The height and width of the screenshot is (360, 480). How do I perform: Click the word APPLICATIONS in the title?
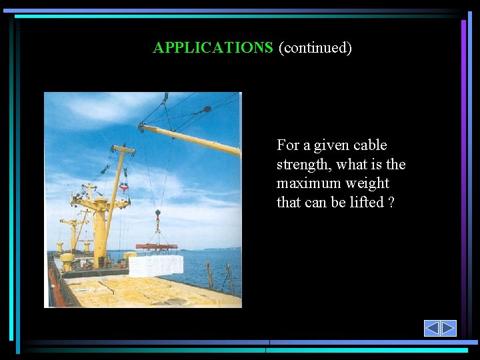(x=213, y=48)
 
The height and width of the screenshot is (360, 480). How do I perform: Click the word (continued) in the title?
(x=315, y=48)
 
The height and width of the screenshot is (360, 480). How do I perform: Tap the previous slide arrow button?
(x=432, y=328)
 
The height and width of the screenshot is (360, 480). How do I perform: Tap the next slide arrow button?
(x=448, y=328)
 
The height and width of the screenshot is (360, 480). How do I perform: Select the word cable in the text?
(x=370, y=145)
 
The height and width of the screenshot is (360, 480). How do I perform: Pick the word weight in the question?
(x=367, y=183)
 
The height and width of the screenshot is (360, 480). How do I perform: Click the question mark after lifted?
(x=391, y=202)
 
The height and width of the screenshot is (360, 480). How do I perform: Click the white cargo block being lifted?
(x=155, y=265)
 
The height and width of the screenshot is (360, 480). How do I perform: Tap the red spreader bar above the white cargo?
(x=157, y=247)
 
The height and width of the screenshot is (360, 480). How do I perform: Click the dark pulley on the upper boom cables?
(x=207, y=109)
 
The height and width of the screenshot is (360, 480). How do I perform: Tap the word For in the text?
(x=288, y=145)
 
